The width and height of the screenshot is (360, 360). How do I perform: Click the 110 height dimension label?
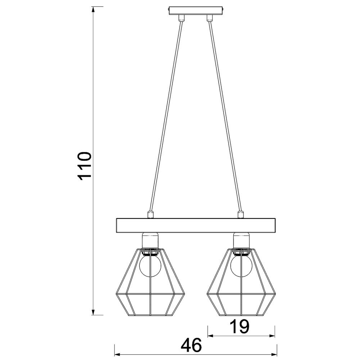point(85,166)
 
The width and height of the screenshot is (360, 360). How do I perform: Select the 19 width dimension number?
point(240,327)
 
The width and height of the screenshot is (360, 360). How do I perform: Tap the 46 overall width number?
point(191,345)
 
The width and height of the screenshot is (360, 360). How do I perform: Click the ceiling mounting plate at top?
point(196,11)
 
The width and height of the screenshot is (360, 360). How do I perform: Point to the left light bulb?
point(150,266)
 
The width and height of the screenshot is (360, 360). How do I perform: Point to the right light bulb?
point(241,266)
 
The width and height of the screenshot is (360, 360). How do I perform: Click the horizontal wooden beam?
point(196,225)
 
